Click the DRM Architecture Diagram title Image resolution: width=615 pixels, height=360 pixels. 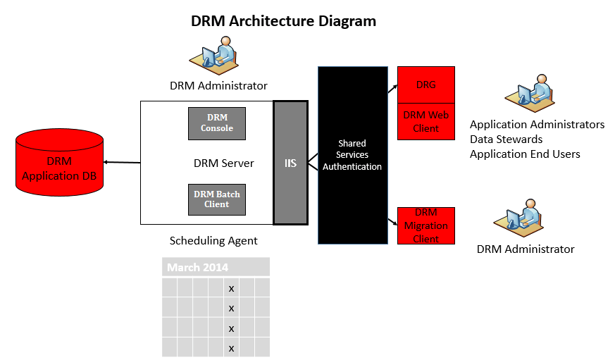283,21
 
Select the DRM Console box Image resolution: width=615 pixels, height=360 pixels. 217,123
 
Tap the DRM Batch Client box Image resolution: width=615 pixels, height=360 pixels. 217,199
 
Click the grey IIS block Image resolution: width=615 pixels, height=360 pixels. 290,163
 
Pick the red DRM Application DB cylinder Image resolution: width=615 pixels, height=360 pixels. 60,162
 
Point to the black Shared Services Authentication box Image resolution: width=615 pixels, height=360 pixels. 353,155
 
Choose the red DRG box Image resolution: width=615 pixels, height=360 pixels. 426,85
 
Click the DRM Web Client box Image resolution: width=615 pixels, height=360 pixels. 426,122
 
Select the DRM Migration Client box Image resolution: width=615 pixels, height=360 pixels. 426,226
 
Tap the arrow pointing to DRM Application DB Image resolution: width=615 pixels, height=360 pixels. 122,162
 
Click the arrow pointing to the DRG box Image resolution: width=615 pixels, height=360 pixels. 392,89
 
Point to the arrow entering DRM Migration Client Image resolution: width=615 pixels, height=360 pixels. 392,222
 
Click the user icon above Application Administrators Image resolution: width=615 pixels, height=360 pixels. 530,93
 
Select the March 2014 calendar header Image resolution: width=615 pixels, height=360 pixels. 216,267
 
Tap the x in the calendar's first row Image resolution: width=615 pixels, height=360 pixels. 231,289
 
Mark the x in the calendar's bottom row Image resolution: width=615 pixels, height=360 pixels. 231,348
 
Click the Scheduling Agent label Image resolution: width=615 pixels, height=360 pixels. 213,241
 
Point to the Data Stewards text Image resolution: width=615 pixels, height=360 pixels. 506,139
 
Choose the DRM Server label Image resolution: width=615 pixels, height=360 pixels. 223,163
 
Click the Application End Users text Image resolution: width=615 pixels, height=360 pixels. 525,154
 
